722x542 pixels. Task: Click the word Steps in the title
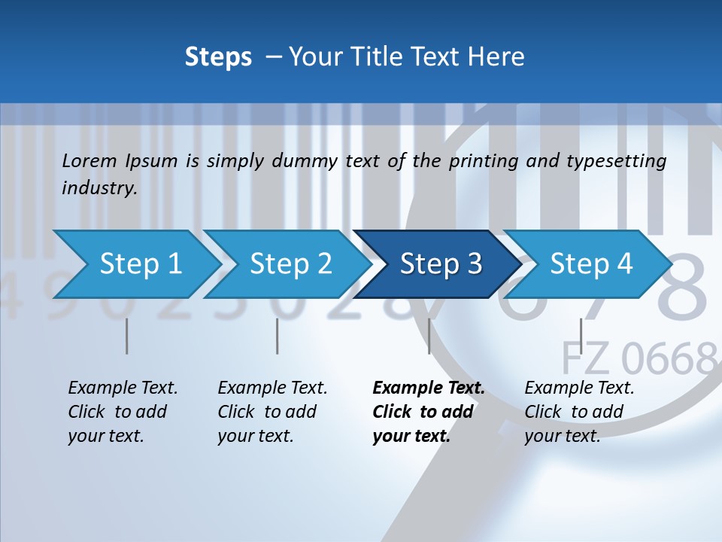coord(218,56)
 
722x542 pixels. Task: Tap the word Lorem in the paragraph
coord(89,160)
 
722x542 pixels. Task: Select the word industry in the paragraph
coord(99,187)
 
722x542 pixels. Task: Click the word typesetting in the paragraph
coord(616,160)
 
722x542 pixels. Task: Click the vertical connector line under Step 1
coord(127,336)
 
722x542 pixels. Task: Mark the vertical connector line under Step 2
coord(278,336)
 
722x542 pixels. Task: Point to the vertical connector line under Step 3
coord(429,336)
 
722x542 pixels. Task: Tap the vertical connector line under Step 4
coord(581,336)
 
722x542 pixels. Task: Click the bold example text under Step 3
coord(428,412)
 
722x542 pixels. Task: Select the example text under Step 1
coord(123,412)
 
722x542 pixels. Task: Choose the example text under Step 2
coord(272,412)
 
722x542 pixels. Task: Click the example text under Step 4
coord(579,412)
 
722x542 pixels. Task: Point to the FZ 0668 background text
coord(639,358)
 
